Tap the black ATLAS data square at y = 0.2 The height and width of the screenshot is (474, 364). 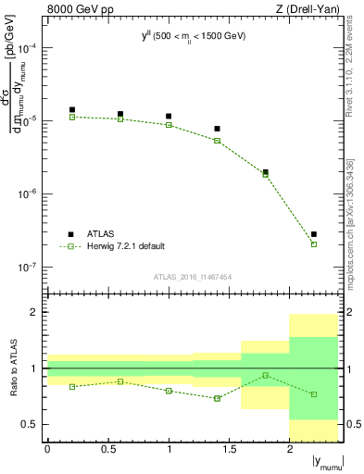(72, 110)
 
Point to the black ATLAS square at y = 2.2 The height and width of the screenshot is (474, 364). (314, 234)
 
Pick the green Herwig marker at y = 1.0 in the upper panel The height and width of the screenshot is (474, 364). (169, 125)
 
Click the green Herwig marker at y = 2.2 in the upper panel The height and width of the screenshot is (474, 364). (314, 244)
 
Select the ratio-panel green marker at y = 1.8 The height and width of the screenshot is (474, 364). (266, 375)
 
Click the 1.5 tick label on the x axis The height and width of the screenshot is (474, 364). (229, 450)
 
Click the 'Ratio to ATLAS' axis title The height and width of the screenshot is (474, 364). (12, 368)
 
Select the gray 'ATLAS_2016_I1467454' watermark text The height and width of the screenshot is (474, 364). (192, 277)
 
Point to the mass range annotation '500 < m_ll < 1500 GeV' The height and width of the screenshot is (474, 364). (198, 35)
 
